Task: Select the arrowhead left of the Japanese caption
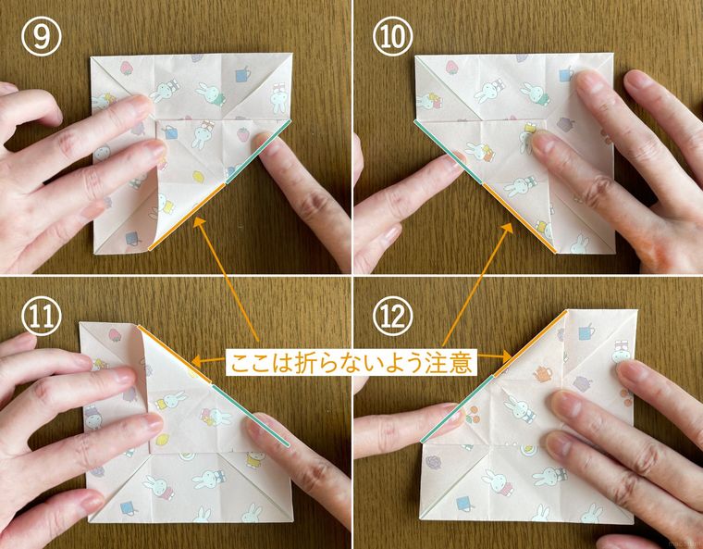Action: [196, 361]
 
